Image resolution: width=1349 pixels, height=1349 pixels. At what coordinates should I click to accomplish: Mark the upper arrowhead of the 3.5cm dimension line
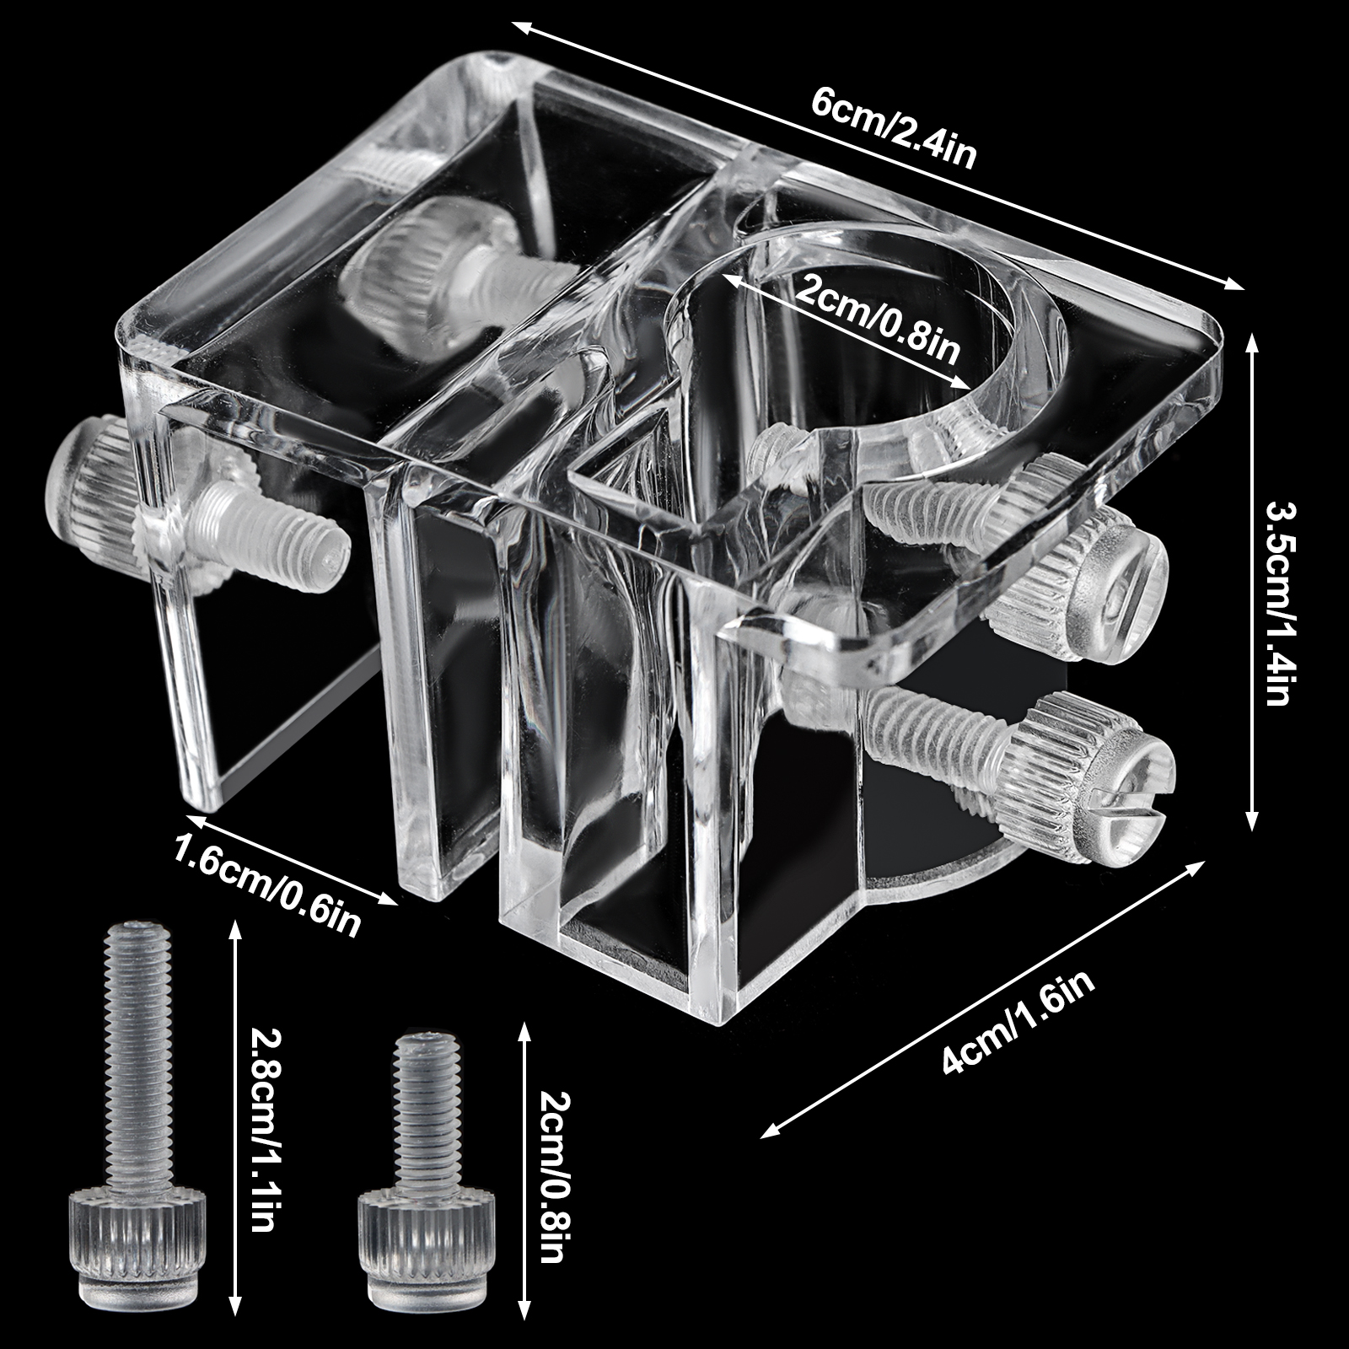click(x=1253, y=341)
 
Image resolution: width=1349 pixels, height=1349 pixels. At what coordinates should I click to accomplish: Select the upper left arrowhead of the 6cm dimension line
click(x=524, y=29)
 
